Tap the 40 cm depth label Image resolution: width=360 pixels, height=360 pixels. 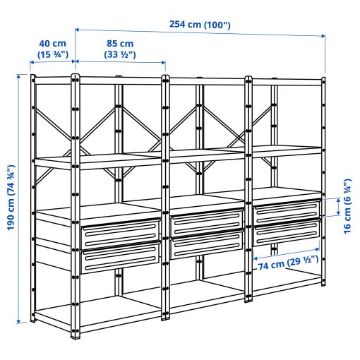(x=52, y=43)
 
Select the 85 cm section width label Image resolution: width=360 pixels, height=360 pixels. (x=119, y=43)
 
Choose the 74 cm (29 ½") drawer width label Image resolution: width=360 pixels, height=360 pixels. (x=286, y=267)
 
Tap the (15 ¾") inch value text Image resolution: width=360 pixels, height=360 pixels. (x=52, y=54)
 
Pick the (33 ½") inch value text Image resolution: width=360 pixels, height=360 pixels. (x=119, y=54)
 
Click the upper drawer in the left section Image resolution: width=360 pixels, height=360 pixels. (x=120, y=234)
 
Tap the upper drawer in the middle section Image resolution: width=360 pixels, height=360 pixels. (x=205, y=223)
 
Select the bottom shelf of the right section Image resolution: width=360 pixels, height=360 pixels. (x=286, y=286)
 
